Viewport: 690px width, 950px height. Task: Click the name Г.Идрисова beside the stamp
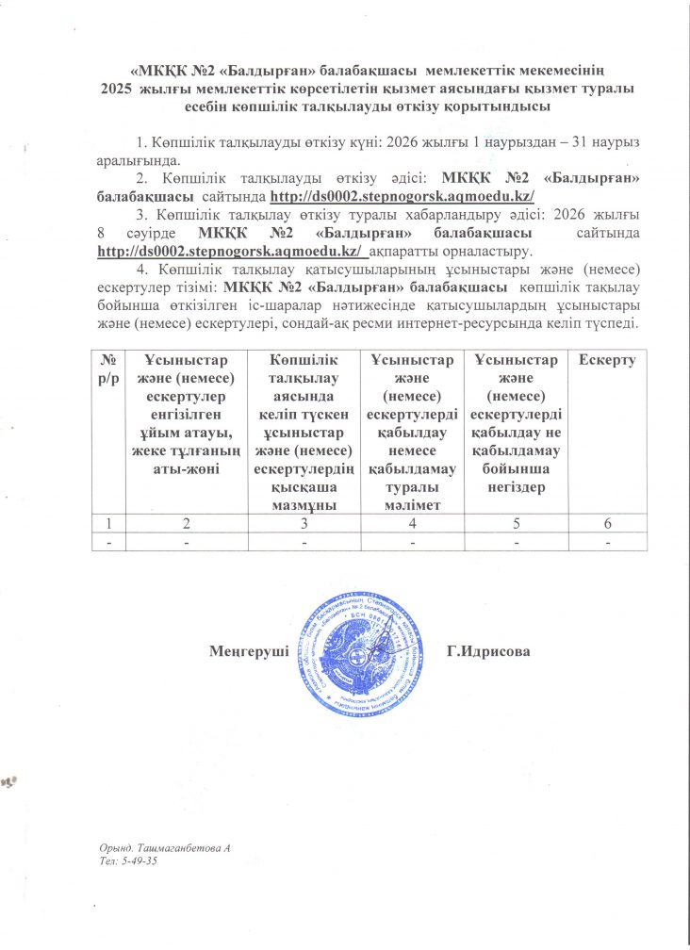pyautogui.click(x=491, y=651)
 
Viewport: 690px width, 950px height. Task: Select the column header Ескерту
pyautogui.click(x=608, y=360)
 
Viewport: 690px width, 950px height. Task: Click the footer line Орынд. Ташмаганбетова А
pyautogui.click(x=165, y=849)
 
